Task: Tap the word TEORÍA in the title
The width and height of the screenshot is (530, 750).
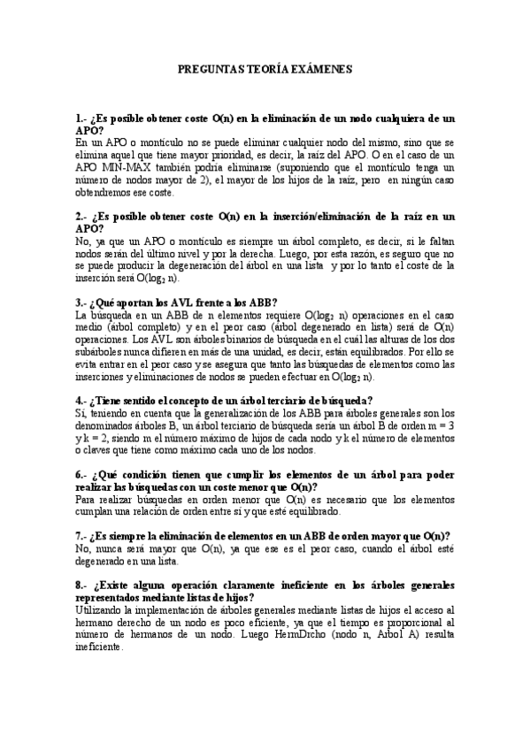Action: click(x=265, y=67)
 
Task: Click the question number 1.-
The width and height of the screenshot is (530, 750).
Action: click(x=82, y=117)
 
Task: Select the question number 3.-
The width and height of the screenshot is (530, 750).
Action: click(x=82, y=302)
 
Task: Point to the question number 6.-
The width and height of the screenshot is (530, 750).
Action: click(x=82, y=473)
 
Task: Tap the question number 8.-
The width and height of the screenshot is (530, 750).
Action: click(x=82, y=585)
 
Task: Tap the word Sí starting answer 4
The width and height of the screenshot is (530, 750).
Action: click(x=81, y=412)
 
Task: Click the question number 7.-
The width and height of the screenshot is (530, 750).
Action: click(x=82, y=535)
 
